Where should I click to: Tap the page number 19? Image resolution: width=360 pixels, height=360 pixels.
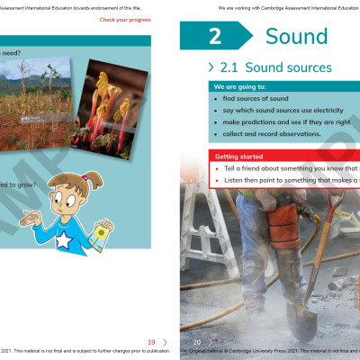click(x=151, y=342)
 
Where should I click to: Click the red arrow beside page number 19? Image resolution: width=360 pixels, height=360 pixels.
click(x=165, y=342)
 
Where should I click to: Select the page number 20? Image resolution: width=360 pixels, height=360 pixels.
click(x=196, y=342)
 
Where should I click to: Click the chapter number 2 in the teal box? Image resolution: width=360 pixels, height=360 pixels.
click(x=214, y=37)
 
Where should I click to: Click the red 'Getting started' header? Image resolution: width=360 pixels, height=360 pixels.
click(x=239, y=156)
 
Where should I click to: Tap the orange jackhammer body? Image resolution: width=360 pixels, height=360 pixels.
click(x=287, y=216)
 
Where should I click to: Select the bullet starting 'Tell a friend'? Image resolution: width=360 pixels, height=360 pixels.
click(x=288, y=168)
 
